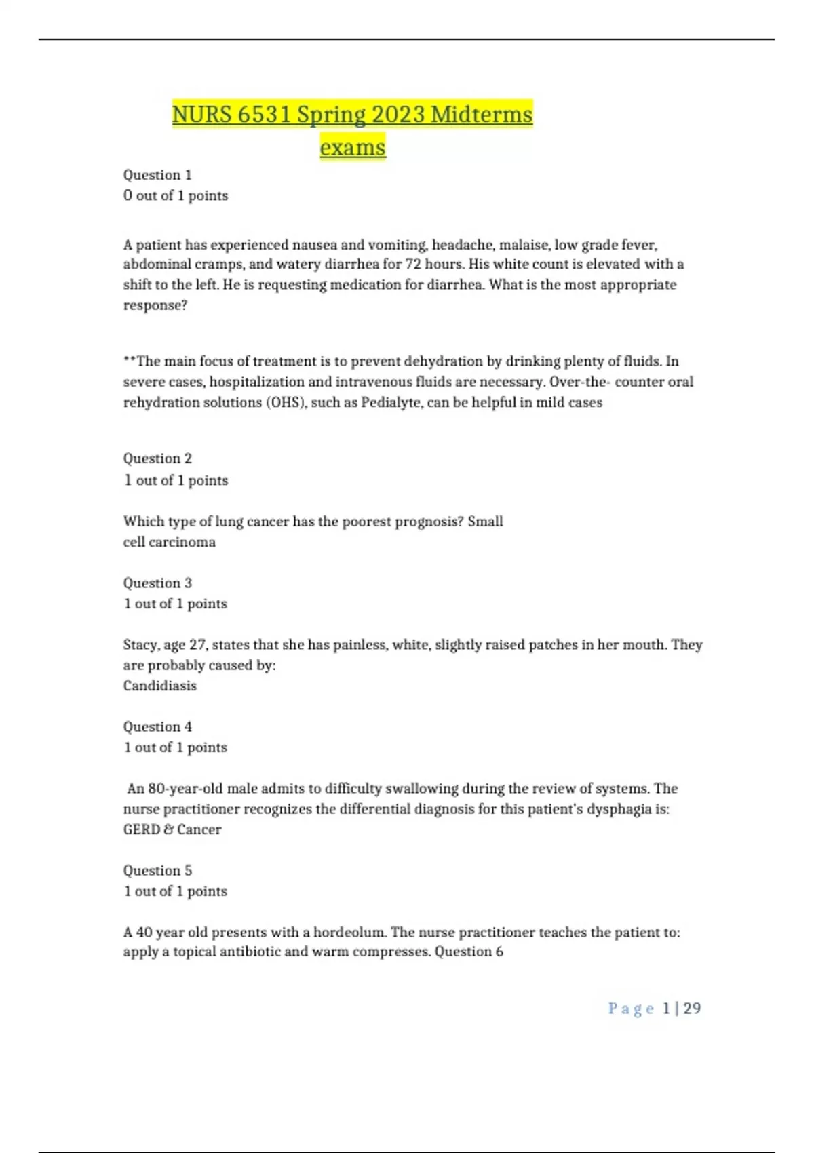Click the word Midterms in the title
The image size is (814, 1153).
coord(482,115)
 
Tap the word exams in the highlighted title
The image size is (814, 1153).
coord(353,147)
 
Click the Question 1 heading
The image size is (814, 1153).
coord(157,175)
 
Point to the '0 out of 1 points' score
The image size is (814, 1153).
coord(176,196)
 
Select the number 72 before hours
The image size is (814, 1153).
coord(413,265)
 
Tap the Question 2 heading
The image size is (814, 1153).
coord(157,458)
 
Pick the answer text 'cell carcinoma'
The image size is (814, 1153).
coord(170,542)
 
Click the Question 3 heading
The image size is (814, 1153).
coord(157,583)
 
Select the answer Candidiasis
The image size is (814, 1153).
coord(160,686)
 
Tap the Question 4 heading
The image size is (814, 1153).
coord(157,727)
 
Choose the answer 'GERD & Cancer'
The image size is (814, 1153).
coord(172,829)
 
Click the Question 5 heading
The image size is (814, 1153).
coord(157,871)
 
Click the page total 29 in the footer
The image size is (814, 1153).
coord(692,1009)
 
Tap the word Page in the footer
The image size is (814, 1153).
coord(631,1009)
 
